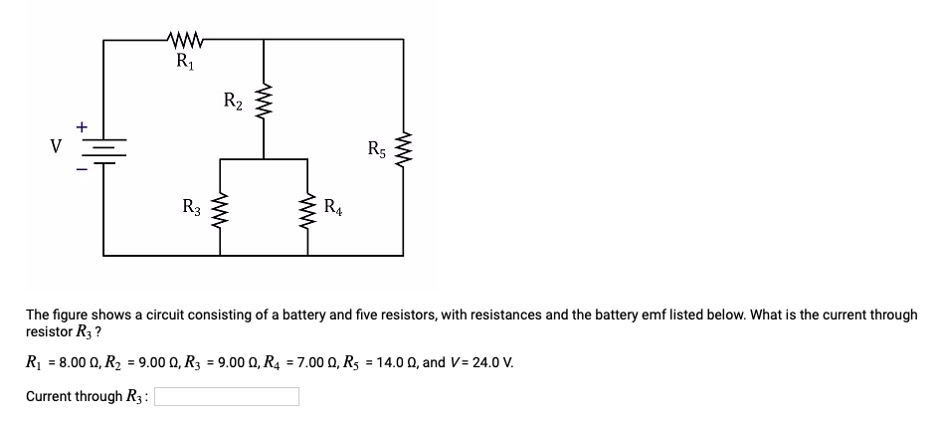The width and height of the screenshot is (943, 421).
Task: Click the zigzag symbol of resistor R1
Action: (x=186, y=41)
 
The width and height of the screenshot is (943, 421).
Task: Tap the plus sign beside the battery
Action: (x=84, y=127)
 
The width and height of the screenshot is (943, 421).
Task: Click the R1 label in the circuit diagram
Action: (x=185, y=61)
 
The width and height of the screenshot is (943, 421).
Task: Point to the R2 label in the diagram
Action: (x=232, y=100)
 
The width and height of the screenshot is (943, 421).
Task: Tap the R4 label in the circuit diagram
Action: (x=334, y=207)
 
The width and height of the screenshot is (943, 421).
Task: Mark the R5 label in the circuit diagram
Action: (x=376, y=151)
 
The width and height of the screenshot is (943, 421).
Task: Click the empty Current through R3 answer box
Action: (x=226, y=396)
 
